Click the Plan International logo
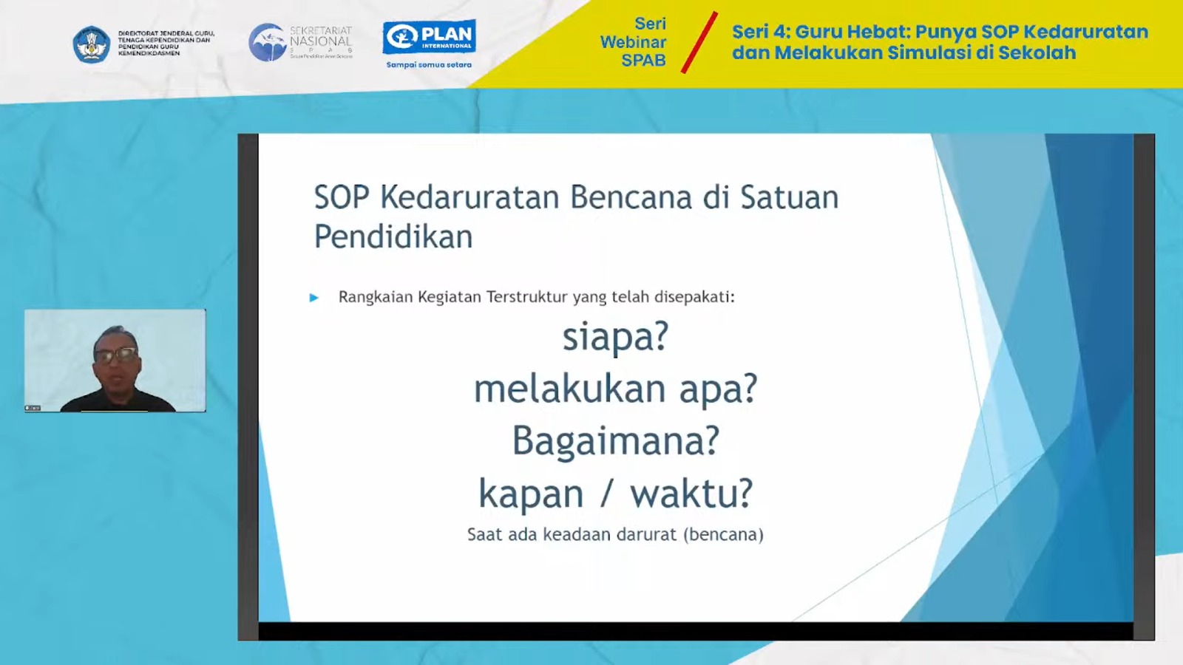click(429, 37)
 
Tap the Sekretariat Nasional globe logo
click(268, 42)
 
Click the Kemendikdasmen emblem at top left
click(92, 44)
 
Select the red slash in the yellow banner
click(699, 43)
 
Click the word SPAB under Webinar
click(643, 61)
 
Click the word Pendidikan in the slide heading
click(393, 237)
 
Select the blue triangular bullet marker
click(314, 298)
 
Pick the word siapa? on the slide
click(615, 338)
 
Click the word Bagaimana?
click(615, 441)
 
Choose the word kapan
click(531, 494)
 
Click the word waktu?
click(691, 494)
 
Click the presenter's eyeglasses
click(116, 355)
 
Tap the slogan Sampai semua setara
click(429, 65)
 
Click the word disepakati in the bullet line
click(694, 297)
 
